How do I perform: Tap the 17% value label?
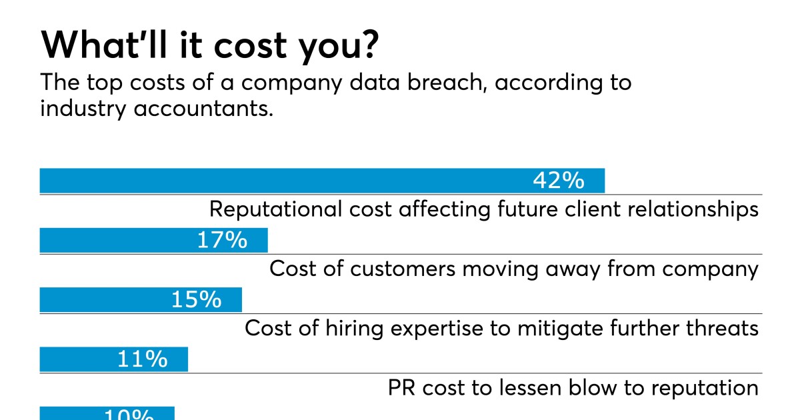point(222,240)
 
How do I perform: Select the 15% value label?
point(196,300)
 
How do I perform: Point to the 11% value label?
point(142,359)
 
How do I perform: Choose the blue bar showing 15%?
point(100,300)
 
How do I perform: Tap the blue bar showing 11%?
point(73,359)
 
